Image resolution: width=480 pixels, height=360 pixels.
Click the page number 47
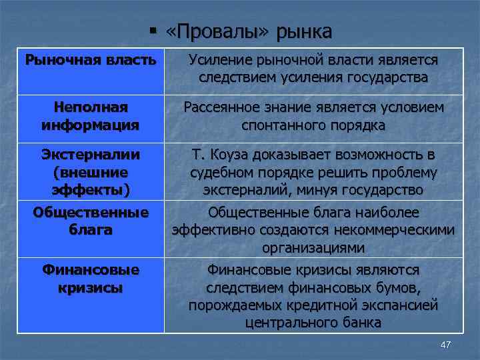pos(446,344)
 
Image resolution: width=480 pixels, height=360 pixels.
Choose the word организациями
pos(313,248)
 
